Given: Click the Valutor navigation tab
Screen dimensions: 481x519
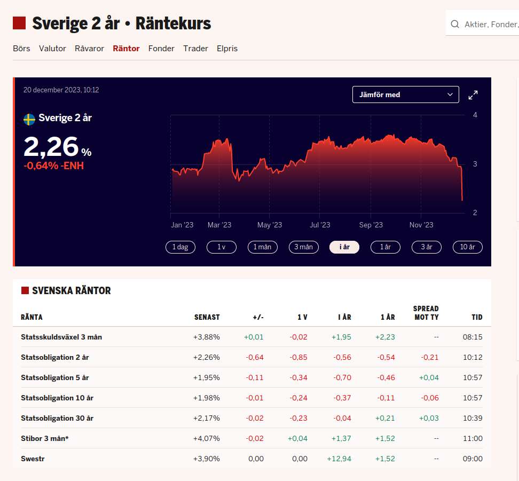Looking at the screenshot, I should coord(52,49).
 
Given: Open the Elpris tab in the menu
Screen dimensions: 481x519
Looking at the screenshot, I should coord(227,49).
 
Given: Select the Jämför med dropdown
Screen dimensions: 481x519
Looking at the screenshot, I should coord(405,94).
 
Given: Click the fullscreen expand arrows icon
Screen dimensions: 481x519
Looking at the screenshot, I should coord(473,95).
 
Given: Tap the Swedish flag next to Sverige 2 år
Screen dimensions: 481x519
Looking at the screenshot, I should coord(29,119).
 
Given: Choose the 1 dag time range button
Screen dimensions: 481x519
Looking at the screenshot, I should coord(180,247).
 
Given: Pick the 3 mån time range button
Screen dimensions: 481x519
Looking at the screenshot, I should coord(303,247).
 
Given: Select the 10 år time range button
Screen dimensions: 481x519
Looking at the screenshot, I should coord(467,247).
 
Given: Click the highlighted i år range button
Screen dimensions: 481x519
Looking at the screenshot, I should coord(344,247).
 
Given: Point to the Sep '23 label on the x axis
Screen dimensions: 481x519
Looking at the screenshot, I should coord(371,225).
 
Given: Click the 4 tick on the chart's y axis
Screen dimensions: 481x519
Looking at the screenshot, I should coord(475,115).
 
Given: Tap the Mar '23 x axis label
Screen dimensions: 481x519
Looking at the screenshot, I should coord(219,225).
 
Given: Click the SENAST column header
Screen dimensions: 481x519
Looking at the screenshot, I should coord(207,317).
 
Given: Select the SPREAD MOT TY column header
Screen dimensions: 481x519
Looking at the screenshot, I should coord(426,313).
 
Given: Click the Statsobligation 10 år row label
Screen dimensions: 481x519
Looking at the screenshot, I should coord(57,398).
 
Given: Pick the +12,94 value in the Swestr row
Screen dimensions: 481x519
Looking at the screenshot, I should coord(339,459).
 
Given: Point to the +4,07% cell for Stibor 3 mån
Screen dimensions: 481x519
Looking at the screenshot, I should coord(207,438).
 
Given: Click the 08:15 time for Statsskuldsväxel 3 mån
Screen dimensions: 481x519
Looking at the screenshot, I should coord(472,337).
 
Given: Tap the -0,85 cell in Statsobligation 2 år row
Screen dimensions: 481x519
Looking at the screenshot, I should coord(298,357).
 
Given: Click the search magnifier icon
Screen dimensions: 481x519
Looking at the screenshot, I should coord(455,24).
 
